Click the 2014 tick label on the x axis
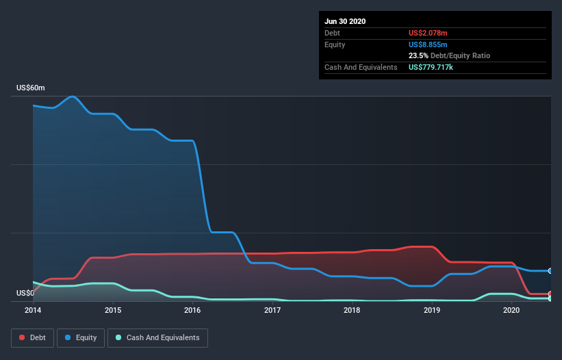click(x=33, y=310)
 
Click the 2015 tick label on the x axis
click(x=113, y=310)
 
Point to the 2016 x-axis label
click(x=192, y=310)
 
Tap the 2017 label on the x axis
click(x=272, y=310)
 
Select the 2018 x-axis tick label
click(x=352, y=310)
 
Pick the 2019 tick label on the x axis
click(x=432, y=310)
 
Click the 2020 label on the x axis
click(x=511, y=310)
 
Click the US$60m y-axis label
click(x=31, y=88)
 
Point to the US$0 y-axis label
click(x=25, y=293)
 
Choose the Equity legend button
click(x=81, y=337)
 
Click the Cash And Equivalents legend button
click(x=157, y=337)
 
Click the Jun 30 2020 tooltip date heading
click(x=345, y=21)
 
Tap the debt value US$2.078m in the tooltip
click(x=429, y=33)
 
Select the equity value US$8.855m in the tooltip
click(x=429, y=44)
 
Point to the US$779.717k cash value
click(x=435, y=67)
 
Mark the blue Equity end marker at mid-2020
click(x=550, y=271)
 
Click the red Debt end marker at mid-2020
click(x=550, y=294)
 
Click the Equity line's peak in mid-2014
click(x=72, y=97)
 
